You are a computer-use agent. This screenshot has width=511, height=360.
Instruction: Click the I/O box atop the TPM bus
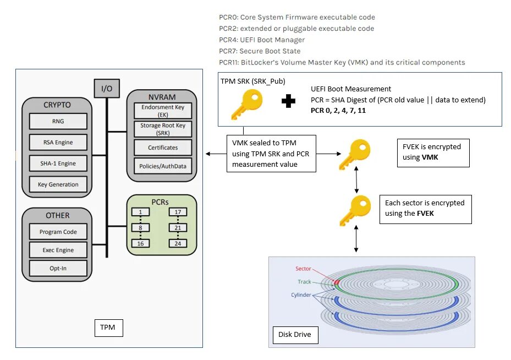[106, 87]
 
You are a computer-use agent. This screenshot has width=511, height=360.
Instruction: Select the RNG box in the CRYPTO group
[58, 121]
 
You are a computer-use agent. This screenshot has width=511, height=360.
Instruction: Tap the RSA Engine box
[58, 142]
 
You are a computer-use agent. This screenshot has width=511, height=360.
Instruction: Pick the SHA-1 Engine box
[58, 163]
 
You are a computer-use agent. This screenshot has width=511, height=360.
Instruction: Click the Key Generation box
[58, 184]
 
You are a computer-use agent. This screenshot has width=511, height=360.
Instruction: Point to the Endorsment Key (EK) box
[162, 111]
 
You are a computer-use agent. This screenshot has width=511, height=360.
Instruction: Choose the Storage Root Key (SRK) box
[162, 129]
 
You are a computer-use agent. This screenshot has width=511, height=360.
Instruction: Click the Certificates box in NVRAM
[162, 148]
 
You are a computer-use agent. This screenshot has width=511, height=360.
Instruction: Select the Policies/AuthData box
[162, 166]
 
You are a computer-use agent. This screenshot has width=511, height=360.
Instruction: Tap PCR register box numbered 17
[178, 212]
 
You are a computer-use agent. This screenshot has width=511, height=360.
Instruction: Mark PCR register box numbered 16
[140, 243]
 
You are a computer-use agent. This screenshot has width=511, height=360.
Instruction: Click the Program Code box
[58, 232]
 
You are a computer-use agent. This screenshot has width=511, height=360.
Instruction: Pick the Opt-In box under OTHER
[58, 268]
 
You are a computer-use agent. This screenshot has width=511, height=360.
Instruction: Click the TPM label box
[108, 328]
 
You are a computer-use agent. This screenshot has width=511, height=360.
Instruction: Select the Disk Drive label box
[295, 334]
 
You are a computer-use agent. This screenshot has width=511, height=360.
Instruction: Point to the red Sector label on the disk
[303, 269]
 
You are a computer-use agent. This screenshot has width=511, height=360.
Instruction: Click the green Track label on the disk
[304, 282]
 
